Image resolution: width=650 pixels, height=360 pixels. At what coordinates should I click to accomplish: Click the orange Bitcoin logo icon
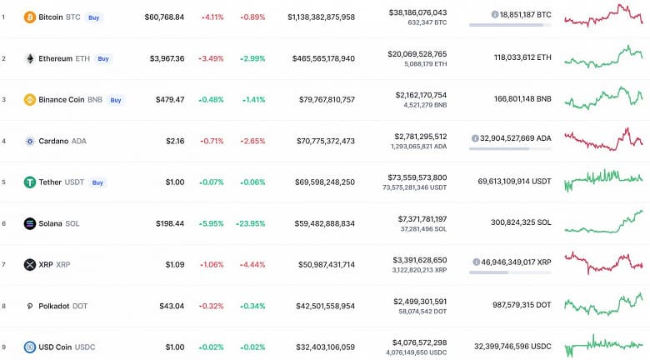(x=30, y=17)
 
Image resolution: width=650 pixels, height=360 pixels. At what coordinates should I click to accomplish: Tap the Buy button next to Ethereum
(x=103, y=58)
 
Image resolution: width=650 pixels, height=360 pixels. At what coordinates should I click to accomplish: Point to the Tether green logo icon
(x=30, y=182)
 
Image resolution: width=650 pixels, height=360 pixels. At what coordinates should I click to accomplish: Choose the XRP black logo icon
(x=30, y=264)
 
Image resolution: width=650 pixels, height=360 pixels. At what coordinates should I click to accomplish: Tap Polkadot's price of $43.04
(x=172, y=306)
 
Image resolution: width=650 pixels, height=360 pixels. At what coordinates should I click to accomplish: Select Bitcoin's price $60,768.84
(x=164, y=17)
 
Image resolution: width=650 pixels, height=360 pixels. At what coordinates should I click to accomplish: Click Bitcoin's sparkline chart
(x=603, y=17)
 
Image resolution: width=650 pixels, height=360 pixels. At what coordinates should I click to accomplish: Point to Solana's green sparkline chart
(x=603, y=222)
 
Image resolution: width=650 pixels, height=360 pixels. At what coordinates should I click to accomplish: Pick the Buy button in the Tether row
(x=97, y=182)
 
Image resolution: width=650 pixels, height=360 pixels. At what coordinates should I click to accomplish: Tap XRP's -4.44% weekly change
(x=252, y=264)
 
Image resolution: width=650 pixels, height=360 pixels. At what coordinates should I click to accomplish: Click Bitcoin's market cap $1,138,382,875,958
(x=321, y=17)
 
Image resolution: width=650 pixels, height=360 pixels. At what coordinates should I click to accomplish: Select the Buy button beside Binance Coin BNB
(x=116, y=100)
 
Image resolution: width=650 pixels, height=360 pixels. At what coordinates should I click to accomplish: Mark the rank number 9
(x=3, y=347)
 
